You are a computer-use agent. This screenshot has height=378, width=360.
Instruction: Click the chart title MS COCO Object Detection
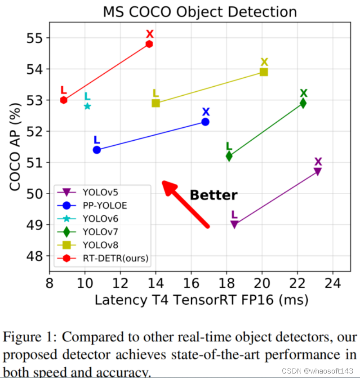(200, 12)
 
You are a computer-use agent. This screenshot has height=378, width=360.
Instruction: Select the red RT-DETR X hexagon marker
(149, 44)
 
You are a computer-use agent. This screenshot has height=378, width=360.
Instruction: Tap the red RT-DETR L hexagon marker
(63, 100)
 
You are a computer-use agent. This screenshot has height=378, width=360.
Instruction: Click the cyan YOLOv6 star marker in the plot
(87, 106)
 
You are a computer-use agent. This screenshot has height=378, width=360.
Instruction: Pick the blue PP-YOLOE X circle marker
(205, 122)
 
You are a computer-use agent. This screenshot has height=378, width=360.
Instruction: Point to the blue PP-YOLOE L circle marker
(97, 150)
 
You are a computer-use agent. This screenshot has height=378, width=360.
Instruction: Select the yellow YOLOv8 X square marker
(264, 72)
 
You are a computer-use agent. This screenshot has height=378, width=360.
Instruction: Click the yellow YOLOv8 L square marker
(156, 103)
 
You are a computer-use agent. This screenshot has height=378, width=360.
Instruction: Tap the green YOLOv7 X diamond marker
(303, 103)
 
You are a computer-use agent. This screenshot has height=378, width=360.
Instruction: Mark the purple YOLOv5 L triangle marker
(234, 224)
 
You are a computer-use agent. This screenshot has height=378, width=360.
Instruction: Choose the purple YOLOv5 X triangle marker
(317, 171)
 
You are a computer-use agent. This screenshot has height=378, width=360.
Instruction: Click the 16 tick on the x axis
(191, 284)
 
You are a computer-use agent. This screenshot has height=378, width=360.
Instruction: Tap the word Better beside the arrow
(213, 195)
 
